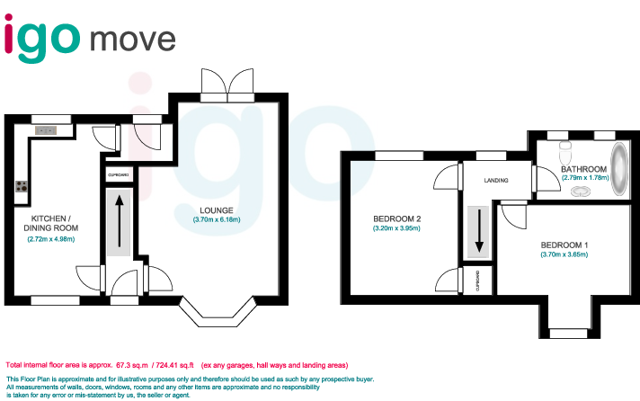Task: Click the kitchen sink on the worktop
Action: click(x=46, y=131)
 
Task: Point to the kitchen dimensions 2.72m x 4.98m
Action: click(x=50, y=238)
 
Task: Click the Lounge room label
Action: click(x=217, y=210)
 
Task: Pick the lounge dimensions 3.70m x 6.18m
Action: click(x=217, y=220)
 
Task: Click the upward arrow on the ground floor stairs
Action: click(x=120, y=221)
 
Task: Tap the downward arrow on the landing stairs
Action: click(x=479, y=230)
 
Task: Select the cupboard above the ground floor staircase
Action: click(x=120, y=174)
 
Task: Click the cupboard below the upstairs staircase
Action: click(x=478, y=281)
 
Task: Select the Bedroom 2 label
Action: click(x=396, y=218)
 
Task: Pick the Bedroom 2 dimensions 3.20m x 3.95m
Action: click(x=396, y=228)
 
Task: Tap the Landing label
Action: click(x=495, y=181)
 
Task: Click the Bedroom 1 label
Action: click(x=564, y=245)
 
